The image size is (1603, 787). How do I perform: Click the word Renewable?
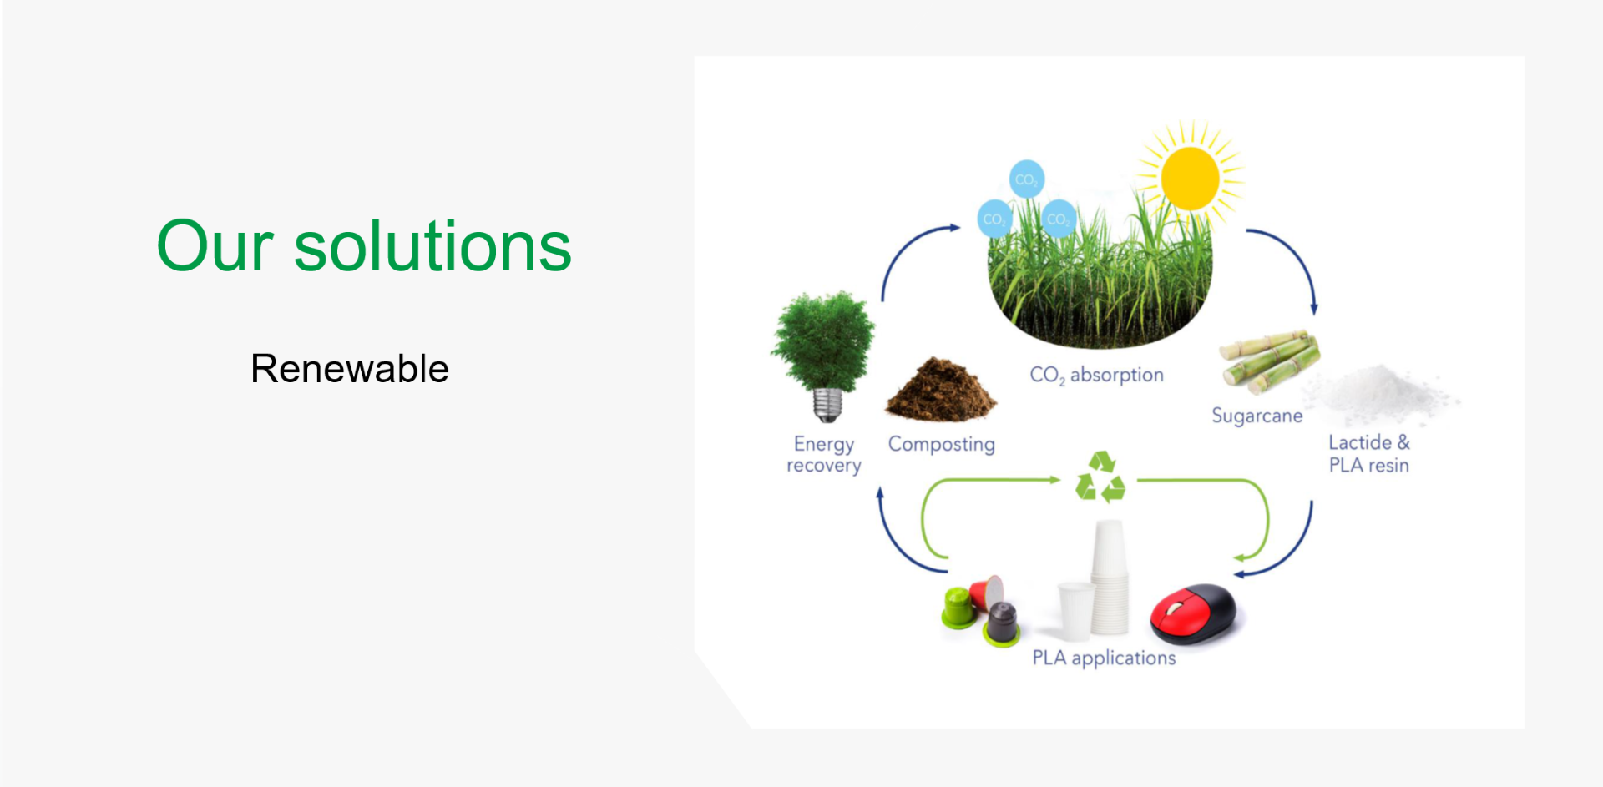350,369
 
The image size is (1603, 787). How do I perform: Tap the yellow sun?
1190,178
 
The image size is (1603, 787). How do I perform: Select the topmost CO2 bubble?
1026,179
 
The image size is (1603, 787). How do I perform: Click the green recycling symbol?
1100,477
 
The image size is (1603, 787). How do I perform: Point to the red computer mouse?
1194,614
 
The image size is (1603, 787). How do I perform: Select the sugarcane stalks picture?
1269,361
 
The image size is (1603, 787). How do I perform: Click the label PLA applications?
1104,658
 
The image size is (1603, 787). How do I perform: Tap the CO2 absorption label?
1096,375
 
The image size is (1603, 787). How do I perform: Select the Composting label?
941,444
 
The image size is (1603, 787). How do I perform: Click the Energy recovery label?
824,454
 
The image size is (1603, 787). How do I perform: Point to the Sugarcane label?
1257,416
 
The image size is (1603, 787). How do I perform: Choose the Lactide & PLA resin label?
1368,454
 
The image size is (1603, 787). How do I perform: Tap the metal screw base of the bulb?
827,406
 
